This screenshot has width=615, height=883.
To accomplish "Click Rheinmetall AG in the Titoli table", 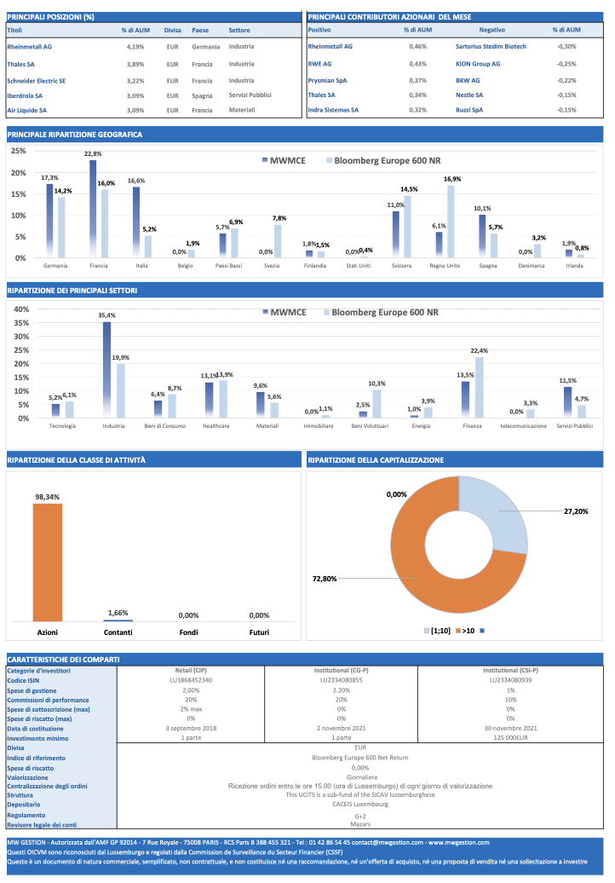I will click(x=29, y=47).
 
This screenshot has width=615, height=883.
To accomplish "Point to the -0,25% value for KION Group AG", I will click(x=566, y=64).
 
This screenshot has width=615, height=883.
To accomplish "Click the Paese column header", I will click(x=200, y=31).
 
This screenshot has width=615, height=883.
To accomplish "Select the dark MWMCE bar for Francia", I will click(x=93, y=209).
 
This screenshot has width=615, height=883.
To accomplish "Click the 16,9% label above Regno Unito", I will click(x=452, y=179).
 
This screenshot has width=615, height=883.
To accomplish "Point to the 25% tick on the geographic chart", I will click(x=18, y=151).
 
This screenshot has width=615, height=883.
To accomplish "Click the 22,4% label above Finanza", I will click(x=479, y=350).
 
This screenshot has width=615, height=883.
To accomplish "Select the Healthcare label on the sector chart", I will click(x=216, y=424).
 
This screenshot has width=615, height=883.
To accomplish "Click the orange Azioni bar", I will click(x=48, y=563).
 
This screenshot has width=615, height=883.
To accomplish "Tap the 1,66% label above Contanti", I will click(x=118, y=613).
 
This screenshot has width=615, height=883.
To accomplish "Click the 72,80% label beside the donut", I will click(x=325, y=579).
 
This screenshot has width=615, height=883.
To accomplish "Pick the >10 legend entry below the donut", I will click(x=465, y=631).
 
